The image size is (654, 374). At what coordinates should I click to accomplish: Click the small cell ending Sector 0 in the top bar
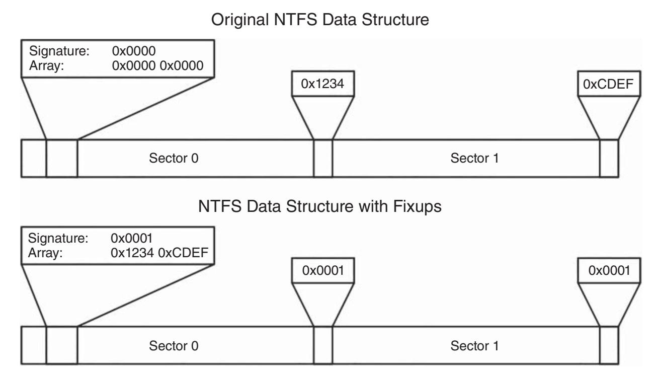point(323,159)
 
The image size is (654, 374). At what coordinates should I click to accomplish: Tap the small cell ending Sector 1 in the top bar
point(609,159)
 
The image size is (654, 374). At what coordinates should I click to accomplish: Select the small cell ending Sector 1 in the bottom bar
point(609,345)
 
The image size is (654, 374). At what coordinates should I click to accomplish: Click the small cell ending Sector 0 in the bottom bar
point(323,345)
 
